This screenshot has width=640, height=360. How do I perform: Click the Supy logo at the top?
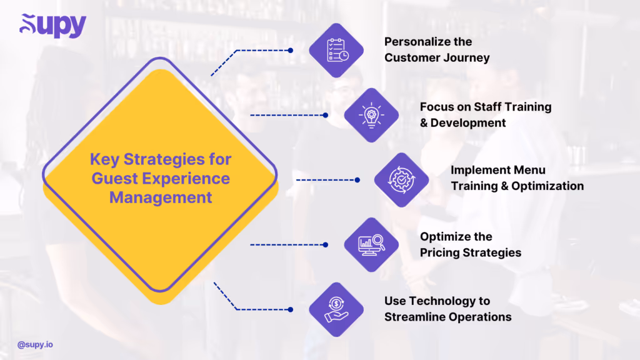52,26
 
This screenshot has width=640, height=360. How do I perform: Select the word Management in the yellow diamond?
161,197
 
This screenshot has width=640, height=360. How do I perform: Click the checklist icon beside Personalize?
337,50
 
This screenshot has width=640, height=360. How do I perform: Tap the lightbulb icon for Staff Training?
372,115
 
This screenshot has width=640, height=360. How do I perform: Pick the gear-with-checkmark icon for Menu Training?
402,180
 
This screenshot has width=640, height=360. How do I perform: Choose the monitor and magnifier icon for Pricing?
372,244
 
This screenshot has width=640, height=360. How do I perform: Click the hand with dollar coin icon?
337,309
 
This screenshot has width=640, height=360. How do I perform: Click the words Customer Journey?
437,58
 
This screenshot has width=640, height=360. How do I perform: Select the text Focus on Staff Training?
486,107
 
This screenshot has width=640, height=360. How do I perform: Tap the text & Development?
462,123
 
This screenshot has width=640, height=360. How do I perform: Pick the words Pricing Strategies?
470,253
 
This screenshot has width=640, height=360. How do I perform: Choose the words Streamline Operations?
447,317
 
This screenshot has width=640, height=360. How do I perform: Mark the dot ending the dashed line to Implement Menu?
357,180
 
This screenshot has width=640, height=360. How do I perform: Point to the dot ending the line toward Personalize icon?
291,50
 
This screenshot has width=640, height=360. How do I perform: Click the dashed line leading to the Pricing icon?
287,244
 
